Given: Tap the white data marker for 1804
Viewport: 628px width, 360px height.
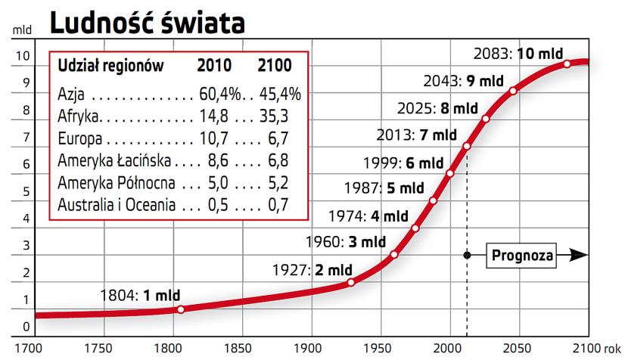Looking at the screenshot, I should coord(181,309).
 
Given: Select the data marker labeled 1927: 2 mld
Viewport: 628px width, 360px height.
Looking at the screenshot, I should coord(351,282).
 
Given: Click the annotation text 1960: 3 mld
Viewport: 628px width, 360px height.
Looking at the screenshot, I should coord(345,243).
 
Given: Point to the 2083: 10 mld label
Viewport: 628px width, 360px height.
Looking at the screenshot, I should coord(518,54).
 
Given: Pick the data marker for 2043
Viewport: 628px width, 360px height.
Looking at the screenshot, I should coord(513,91).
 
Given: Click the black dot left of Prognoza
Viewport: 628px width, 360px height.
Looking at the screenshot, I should coord(467,256).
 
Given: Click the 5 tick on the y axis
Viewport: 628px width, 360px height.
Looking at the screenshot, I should coord(26,191).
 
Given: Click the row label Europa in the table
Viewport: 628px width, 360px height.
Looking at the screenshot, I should coord(78,139).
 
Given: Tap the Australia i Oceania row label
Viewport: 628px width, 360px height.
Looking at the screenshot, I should coord(117,205).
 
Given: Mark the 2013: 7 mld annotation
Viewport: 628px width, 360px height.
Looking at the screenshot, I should coord(417,136).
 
